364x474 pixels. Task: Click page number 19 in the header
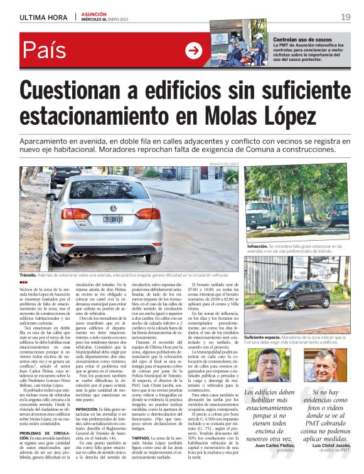click(346, 17)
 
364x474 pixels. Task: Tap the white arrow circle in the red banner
click(194, 50)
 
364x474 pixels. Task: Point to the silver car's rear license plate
click(112, 220)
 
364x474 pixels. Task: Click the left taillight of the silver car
click(76, 213)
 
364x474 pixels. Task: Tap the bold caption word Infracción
click(257, 247)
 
